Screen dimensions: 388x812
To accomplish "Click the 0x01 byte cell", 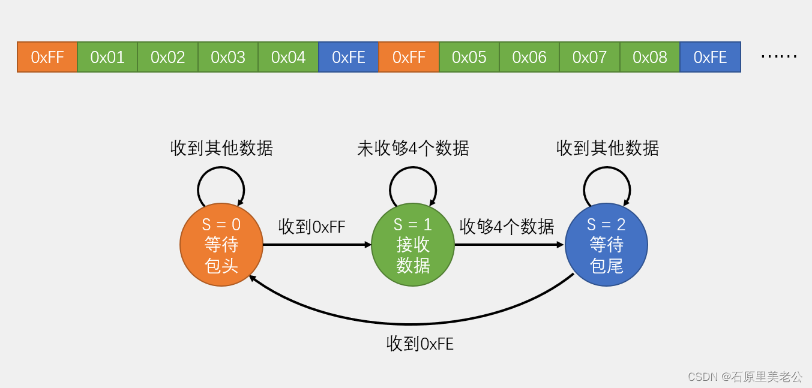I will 107,57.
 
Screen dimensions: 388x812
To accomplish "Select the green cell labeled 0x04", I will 288,57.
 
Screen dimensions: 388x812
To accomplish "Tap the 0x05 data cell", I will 469,57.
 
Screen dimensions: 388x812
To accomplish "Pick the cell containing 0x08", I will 649,57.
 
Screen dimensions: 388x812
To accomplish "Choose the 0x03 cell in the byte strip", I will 228,57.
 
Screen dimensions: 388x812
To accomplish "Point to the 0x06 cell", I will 529,57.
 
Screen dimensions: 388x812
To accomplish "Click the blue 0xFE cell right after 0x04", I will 349,57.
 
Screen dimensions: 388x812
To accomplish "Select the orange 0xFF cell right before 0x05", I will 409,57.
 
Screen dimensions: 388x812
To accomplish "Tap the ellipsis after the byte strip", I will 778,56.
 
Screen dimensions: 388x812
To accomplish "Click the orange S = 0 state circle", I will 221,245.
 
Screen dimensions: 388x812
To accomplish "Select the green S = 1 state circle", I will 413,245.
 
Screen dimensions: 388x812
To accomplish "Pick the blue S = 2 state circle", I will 606,245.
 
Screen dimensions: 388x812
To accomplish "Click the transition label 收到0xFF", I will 311,227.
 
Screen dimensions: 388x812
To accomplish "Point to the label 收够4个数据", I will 507,227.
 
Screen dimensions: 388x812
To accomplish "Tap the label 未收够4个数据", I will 413,148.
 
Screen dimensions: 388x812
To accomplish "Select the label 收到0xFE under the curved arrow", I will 420,344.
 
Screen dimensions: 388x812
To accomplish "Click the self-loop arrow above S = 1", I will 413,174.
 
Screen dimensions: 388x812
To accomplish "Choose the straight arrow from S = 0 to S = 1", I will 317,245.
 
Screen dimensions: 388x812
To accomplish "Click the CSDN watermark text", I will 744,377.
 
